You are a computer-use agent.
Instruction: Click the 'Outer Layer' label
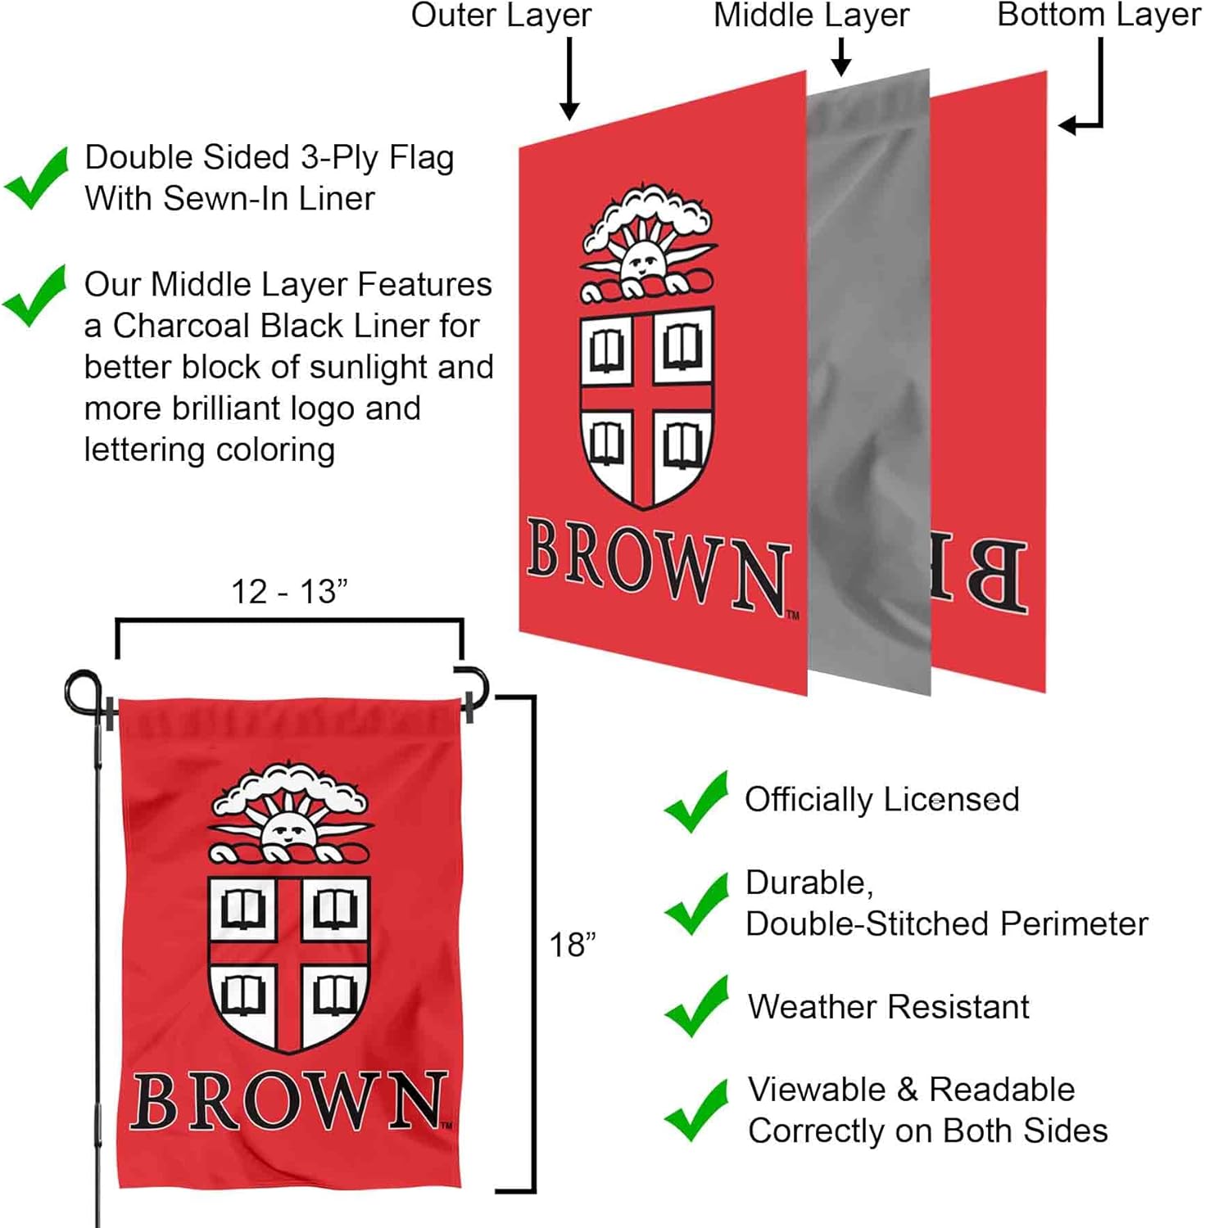click(x=501, y=16)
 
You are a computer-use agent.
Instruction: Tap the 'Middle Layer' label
click(x=811, y=16)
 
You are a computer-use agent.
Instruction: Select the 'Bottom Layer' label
click(x=1098, y=16)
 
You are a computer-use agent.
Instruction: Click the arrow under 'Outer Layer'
click(x=569, y=79)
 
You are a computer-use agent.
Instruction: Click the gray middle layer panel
click(x=868, y=368)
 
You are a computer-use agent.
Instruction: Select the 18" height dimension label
click(x=572, y=945)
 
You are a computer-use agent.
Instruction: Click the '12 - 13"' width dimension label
click(x=289, y=592)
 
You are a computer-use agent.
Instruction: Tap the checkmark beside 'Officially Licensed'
click(x=696, y=801)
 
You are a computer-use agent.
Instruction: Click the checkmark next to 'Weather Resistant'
click(x=696, y=1006)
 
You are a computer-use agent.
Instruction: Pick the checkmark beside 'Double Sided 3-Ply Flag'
click(x=36, y=178)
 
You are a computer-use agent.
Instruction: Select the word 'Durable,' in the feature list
click(x=809, y=883)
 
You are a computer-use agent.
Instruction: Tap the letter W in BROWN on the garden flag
click(x=344, y=1101)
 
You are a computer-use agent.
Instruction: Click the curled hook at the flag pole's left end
click(x=82, y=690)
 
